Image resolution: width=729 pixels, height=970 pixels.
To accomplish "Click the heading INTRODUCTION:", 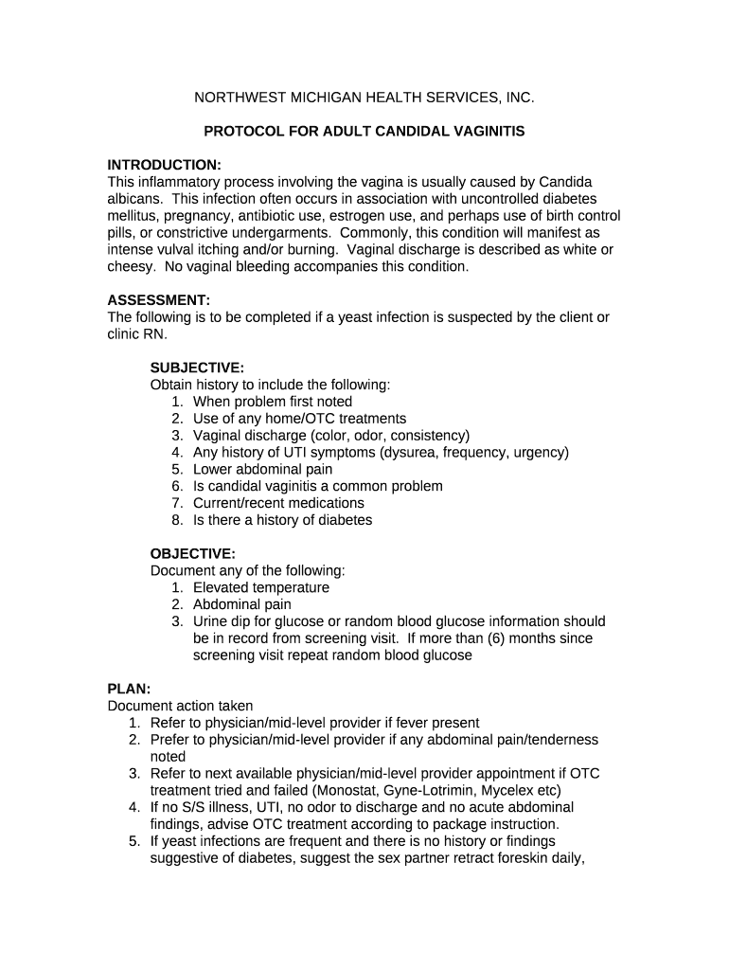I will (164, 165).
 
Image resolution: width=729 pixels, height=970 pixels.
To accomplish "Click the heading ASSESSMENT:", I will (158, 300).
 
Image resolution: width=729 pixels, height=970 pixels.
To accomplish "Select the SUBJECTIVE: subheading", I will (197, 368).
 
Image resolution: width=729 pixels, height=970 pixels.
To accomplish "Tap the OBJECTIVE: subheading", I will (193, 553).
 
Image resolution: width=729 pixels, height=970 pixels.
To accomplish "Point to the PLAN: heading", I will (129, 689).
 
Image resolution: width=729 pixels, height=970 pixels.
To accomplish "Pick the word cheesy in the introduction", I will (130, 266).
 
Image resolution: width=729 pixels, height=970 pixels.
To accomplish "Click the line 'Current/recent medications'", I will (278, 503).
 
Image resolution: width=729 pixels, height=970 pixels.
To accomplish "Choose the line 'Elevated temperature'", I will (261, 587).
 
